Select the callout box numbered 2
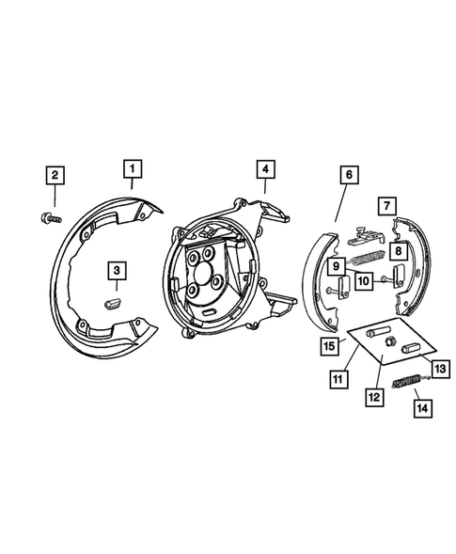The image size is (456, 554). coord(55,175)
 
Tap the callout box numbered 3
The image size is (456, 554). coord(116,271)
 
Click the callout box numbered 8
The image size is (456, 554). coord(399,252)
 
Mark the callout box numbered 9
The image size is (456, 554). coord(335,268)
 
